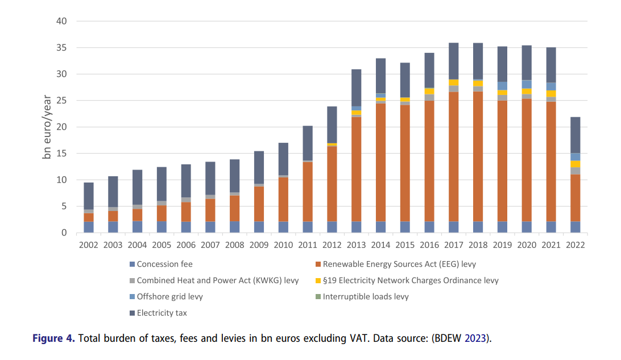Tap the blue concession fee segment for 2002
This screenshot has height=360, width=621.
[x=89, y=227]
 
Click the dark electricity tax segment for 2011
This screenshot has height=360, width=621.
[x=307, y=143]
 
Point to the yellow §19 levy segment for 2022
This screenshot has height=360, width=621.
[x=576, y=164]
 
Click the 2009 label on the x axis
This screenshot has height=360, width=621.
[x=259, y=245]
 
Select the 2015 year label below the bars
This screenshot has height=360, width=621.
[x=405, y=245]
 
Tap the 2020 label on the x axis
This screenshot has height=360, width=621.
[x=527, y=245]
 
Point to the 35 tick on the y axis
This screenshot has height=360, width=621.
[x=61, y=48]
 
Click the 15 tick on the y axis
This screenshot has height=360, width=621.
[x=61, y=154]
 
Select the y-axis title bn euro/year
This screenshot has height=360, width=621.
[x=48, y=127]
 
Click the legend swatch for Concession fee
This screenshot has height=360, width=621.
[x=132, y=264]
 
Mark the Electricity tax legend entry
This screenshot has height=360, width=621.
[x=162, y=313]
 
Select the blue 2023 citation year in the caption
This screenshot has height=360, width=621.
[x=475, y=338]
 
